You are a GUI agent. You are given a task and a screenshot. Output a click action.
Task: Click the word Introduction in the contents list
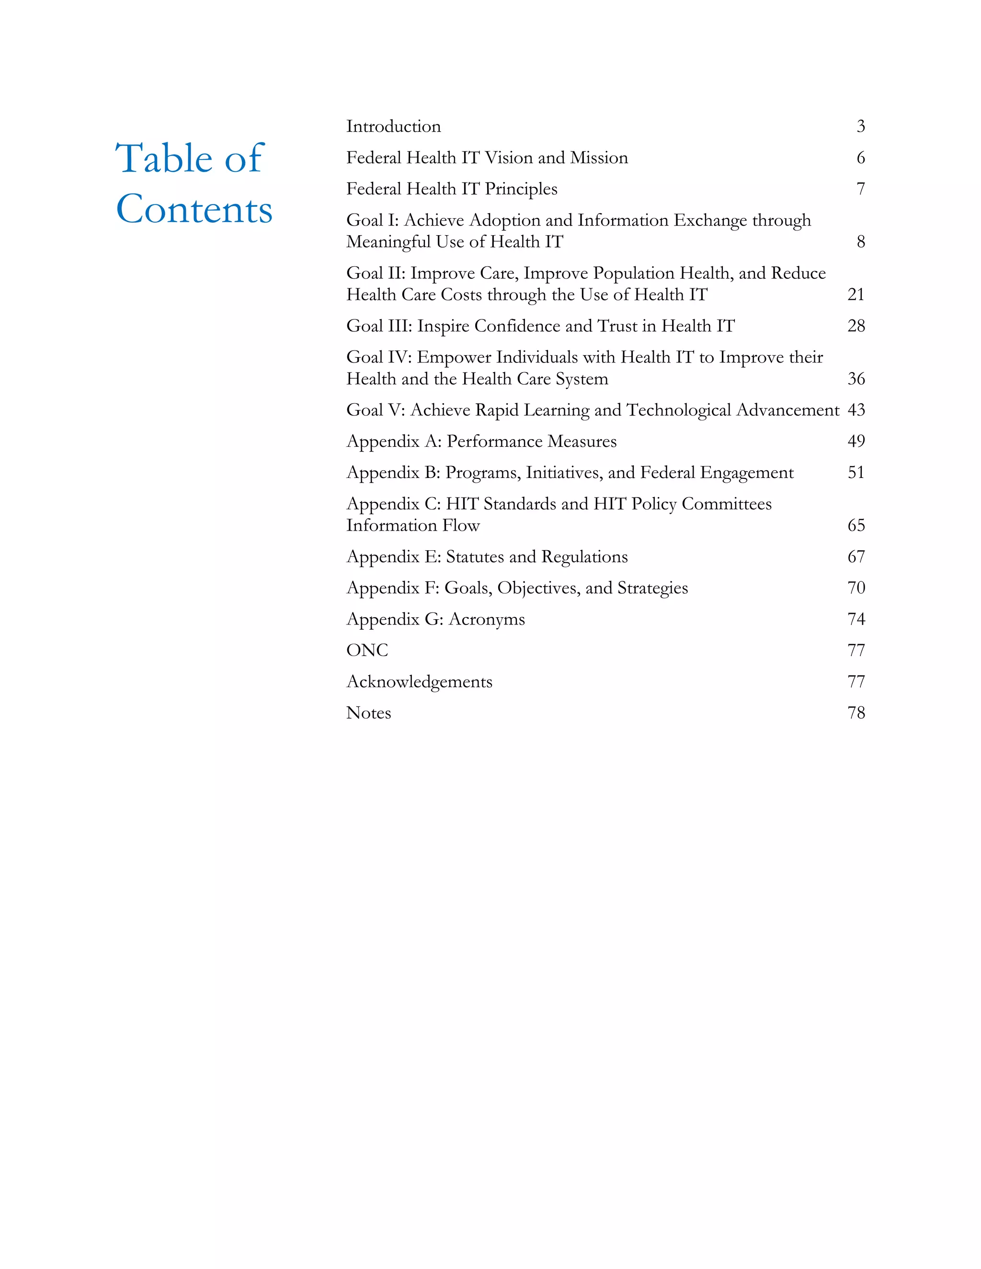click(x=393, y=127)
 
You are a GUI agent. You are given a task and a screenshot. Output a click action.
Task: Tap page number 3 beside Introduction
click(x=861, y=127)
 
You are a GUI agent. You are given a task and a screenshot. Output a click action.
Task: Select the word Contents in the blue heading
click(x=194, y=209)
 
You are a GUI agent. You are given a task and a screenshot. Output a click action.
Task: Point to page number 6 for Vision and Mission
click(x=861, y=158)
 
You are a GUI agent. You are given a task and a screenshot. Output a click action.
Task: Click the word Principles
click(x=521, y=190)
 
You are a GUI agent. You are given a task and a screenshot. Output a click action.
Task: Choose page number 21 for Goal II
click(x=856, y=295)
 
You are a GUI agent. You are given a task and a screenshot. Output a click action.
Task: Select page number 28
click(x=856, y=326)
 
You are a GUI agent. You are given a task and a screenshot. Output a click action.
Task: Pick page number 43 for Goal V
click(x=856, y=410)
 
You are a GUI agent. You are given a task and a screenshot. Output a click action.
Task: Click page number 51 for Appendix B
click(x=856, y=472)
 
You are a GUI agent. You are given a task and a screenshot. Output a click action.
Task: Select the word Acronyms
click(x=487, y=619)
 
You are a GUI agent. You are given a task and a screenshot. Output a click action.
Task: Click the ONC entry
click(x=367, y=650)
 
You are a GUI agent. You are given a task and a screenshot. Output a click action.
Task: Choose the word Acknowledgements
click(x=419, y=681)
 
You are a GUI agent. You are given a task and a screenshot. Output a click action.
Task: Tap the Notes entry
click(x=368, y=713)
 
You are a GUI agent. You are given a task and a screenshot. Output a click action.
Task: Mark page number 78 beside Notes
click(x=856, y=713)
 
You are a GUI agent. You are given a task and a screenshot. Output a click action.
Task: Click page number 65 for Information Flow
click(x=856, y=525)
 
